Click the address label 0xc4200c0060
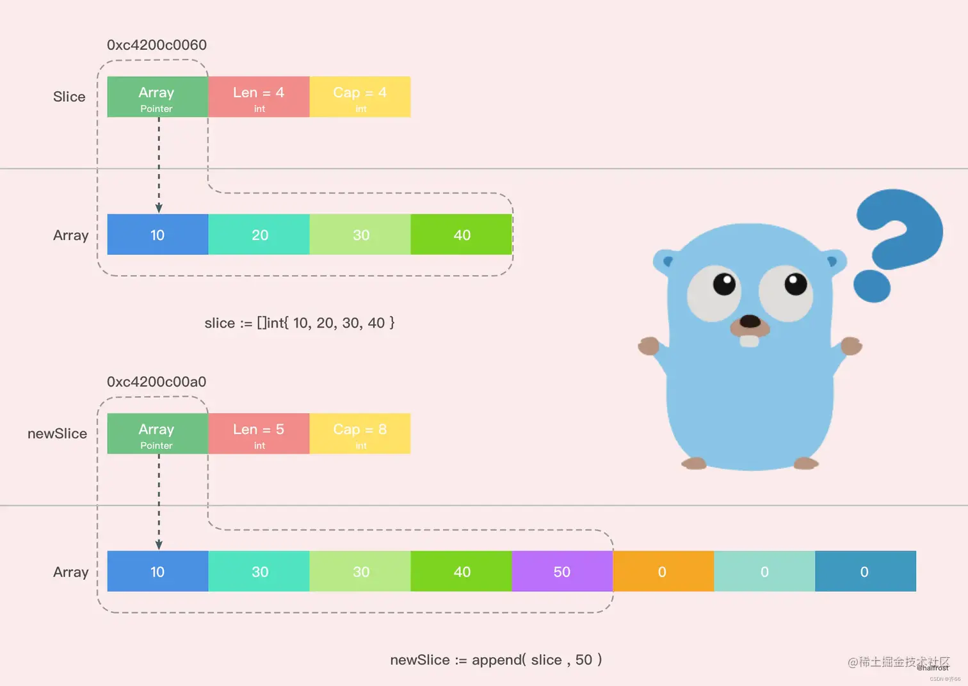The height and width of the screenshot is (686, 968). [156, 45]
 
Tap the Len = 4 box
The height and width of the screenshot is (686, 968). [259, 97]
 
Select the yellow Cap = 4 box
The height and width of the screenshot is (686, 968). [360, 97]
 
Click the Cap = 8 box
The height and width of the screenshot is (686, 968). [360, 433]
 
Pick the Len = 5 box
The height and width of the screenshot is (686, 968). [259, 433]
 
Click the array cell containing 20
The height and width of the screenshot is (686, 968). [259, 235]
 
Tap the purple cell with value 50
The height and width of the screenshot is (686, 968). [562, 571]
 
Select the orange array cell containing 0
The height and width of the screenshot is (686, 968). [663, 571]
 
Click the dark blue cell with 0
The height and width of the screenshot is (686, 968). [865, 571]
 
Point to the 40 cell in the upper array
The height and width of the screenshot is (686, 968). [462, 235]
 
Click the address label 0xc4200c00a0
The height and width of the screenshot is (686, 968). [156, 382]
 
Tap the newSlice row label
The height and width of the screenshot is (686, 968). [57, 434]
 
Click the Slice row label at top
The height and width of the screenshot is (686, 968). [69, 97]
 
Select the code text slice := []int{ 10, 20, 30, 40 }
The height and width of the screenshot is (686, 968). [300, 323]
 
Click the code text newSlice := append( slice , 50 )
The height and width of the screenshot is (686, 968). [496, 660]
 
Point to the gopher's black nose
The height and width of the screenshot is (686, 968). [750, 321]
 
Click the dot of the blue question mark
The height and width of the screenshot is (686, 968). [872, 285]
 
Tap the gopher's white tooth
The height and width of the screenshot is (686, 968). [749, 340]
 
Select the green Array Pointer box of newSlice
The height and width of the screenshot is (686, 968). [157, 433]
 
